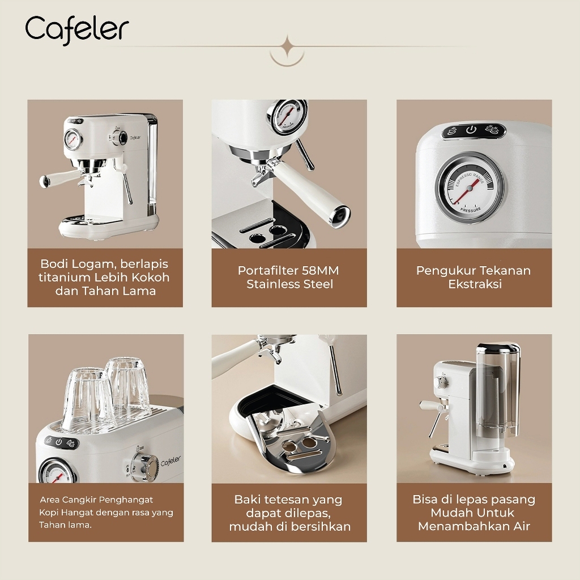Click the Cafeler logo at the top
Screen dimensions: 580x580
[77, 30]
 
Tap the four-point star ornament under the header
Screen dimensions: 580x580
[287, 48]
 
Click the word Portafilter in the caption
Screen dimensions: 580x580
[267, 270]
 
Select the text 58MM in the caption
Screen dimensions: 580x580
[321, 270]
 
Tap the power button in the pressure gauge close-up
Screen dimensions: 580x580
[471, 130]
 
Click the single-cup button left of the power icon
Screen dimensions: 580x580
[452, 131]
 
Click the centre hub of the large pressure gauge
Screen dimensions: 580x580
[470, 189]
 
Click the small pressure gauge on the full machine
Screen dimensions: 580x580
[73, 139]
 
